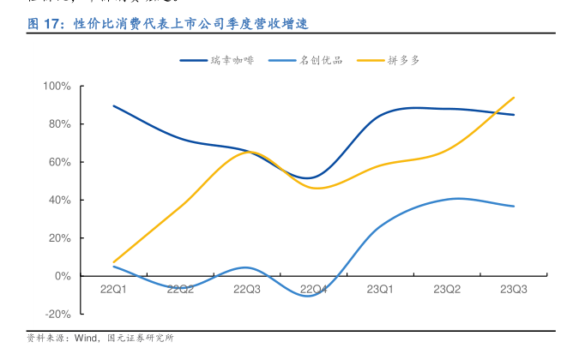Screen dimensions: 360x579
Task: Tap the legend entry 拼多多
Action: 403,61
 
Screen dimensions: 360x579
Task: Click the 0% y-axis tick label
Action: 63,276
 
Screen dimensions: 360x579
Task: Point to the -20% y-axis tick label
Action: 58,315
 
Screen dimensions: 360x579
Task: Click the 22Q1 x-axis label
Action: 113,290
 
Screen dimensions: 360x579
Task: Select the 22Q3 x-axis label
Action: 247,290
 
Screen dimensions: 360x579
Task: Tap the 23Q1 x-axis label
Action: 380,290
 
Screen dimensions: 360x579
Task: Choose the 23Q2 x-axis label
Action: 447,290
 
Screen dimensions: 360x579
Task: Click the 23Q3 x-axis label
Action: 514,290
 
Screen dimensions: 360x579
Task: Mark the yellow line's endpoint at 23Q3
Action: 514,98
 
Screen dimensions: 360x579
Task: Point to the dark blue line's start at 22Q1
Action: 113,105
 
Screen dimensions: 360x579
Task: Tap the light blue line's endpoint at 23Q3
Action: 514,207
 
